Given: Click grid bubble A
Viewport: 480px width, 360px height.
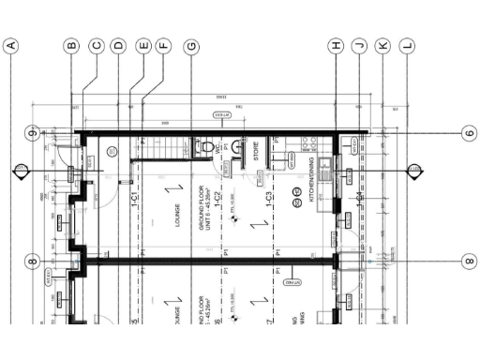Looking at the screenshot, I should (x=12, y=45).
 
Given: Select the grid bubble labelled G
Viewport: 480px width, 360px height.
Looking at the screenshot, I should (x=192, y=45).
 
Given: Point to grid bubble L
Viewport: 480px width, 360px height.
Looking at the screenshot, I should (x=406, y=45).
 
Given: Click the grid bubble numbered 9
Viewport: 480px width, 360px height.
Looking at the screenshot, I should (x=32, y=133).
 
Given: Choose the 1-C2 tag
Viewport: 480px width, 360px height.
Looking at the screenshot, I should (x=217, y=198).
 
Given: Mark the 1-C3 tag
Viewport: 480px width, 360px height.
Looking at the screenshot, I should (x=269, y=198).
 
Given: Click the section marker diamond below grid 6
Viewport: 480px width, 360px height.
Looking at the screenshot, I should (x=411, y=171).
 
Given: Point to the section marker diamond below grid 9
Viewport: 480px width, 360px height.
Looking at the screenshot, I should (x=18, y=171).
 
